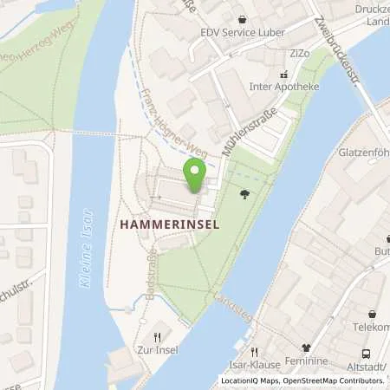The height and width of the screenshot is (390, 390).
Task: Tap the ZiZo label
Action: tap(300, 54)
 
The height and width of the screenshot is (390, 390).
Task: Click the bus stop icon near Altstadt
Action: tap(367, 353)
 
